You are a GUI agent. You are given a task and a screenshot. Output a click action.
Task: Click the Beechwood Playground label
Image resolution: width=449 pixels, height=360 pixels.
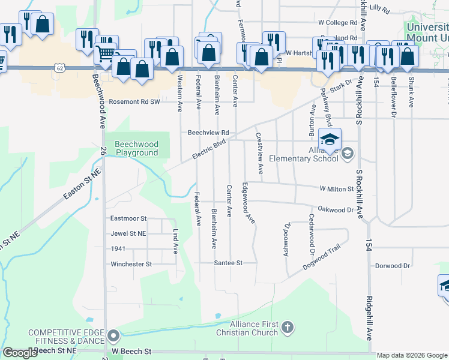(136, 148)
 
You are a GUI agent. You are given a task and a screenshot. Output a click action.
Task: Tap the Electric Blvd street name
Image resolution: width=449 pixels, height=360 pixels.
(208, 149)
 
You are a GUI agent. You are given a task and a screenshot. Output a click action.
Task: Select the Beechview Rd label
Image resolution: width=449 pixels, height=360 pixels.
(208, 132)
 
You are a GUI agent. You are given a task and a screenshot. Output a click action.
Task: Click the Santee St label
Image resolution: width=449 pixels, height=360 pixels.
(228, 263)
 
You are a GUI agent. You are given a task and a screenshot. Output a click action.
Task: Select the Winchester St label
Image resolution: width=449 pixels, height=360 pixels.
(131, 264)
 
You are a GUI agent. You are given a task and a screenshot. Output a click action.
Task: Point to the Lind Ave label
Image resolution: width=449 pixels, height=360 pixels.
(176, 241)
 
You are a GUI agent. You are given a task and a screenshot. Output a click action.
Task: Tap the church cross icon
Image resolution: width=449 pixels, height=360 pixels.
(288, 328)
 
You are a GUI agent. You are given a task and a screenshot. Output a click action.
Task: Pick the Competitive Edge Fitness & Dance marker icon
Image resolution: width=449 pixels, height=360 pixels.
(114, 335)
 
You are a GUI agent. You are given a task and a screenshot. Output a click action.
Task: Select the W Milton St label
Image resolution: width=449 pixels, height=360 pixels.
(337, 189)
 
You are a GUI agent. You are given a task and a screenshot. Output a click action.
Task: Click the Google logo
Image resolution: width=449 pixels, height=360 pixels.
(20, 353)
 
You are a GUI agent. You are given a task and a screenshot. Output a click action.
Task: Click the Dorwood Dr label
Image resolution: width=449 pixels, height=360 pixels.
(392, 265)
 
